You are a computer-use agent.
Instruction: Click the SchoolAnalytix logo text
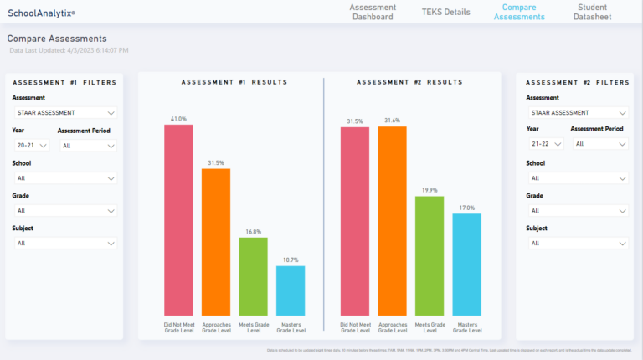coord(41,13)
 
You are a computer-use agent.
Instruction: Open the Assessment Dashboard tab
coord(373,12)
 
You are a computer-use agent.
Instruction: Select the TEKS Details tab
coord(445,12)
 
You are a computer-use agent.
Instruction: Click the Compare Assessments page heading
coord(57,39)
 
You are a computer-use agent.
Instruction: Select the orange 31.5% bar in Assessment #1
coord(216,242)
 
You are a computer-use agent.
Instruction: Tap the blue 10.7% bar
coord(291,291)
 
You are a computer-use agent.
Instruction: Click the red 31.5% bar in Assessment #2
coord(354,221)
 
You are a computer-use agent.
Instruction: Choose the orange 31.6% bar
coord(392,221)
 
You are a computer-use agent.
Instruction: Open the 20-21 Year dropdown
coord(31,145)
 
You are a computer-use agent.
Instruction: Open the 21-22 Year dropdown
coord(544,144)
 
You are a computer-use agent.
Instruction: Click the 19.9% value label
coord(430,190)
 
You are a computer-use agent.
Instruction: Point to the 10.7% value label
coord(291,260)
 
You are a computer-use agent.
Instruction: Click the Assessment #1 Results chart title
coord(234,82)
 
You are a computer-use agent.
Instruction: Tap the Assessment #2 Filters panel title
coord(578,82)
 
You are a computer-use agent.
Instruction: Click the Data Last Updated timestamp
coord(69,51)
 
